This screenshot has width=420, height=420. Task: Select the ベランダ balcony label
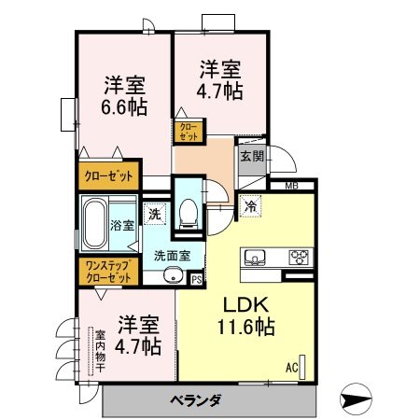tap(195, 400)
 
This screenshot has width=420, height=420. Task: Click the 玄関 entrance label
tap(250, 156)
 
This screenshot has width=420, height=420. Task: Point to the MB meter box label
tap(292, 187)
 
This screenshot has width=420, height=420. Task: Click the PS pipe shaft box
tap(196, 277)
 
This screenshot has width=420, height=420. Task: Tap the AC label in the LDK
tap(291, 368)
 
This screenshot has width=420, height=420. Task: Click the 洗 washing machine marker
tap(155, 214)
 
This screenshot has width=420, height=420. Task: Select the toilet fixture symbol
tap(189, 215)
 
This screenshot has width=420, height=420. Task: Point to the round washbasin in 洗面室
tap(172, 276)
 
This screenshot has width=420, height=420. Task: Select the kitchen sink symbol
tap(257, 257)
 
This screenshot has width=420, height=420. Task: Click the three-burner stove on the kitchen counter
tap(300, 257)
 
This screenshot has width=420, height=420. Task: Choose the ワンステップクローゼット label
tap(108, 272)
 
